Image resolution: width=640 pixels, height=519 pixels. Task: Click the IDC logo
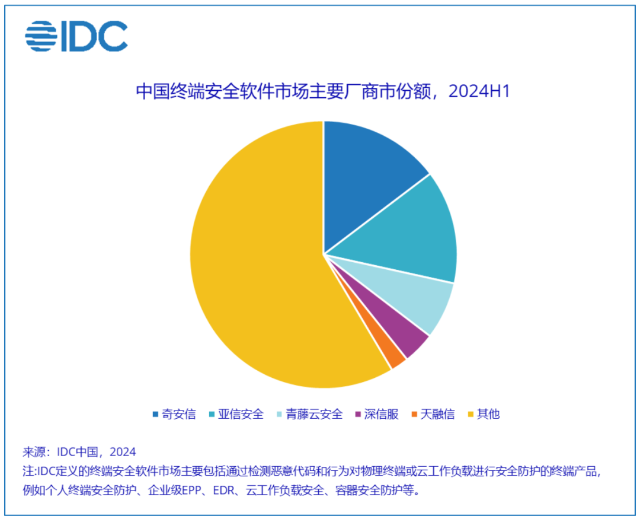(76, 36)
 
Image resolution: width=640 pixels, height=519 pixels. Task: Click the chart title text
(323, 91)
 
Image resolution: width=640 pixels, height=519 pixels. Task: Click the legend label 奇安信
(179, 415)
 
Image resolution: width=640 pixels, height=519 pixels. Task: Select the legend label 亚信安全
(241, 415)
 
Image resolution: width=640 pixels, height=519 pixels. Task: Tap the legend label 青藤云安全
(314, 415)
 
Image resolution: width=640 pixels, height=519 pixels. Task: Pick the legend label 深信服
(382, 415)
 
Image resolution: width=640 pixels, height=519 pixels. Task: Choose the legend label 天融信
(437, 415)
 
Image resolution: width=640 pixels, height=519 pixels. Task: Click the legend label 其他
(488, 415)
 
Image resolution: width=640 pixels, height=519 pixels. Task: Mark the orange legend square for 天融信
(414, 415)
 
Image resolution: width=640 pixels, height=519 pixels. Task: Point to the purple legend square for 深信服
(359, 415)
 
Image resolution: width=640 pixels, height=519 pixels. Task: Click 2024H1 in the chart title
(479, 91)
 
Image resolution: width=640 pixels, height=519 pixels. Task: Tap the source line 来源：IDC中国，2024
(79, 452)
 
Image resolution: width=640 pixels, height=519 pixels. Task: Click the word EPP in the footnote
(193, 490)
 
